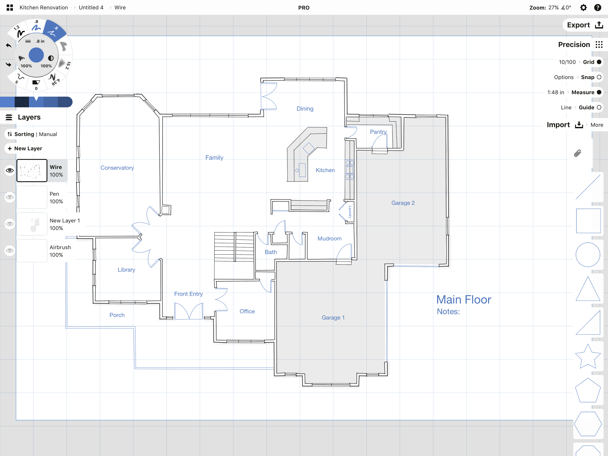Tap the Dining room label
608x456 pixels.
pos(305,109)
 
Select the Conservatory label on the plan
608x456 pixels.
pos(117,168)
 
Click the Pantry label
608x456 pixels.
pos(378,132)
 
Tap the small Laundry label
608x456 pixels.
pos(350,212)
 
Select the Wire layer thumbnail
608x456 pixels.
pos(32,171)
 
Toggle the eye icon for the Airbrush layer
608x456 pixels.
pos(10,250)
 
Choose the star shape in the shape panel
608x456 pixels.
pos(588,357)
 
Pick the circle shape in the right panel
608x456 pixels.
pos(588,254)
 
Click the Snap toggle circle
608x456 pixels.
pos(599,77)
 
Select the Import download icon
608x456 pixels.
pos(579,125)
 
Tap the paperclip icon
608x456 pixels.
pos(578,153)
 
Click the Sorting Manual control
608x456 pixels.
pos(32,134)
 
